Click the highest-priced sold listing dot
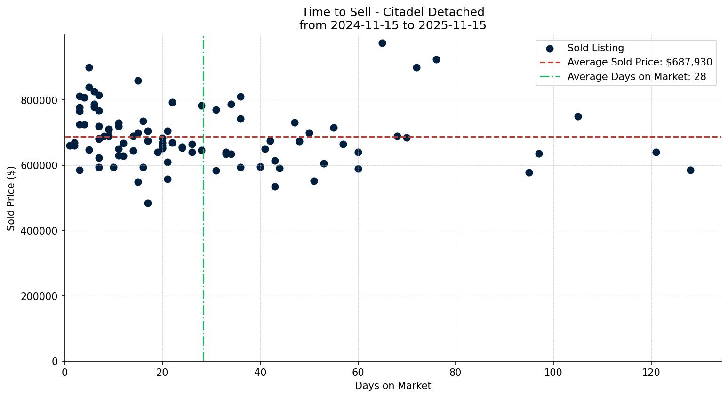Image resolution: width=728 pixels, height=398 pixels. click(382, 43)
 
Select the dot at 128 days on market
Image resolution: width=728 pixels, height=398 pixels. click(690, 170)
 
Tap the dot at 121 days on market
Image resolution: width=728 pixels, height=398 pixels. click(656, 152)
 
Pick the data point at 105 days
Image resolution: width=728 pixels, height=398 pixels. click(578, 116)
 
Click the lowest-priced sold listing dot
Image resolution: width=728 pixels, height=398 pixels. click(148, 203)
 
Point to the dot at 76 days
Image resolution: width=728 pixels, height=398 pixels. click(436, 59)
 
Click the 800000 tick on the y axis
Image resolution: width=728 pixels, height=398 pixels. click(39, 100)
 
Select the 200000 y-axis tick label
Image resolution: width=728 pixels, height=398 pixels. click(39, 296)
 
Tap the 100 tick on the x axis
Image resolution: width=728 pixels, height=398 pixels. click(553, 372)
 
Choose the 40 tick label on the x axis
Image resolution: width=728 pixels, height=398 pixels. click(260, 372)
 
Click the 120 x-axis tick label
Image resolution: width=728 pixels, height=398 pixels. click(651, 372)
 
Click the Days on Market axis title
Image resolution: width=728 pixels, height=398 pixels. click(392, 386)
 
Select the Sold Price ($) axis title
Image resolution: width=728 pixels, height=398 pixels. click(11, 198)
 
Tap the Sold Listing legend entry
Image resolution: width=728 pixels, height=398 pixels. click(595, 48)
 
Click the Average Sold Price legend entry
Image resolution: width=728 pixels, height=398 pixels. click(639, 62)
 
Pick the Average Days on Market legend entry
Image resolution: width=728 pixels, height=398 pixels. click(636, 77)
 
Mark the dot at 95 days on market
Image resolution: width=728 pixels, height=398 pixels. click(529, 172)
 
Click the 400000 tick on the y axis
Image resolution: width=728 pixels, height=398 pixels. click(39, 231)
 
